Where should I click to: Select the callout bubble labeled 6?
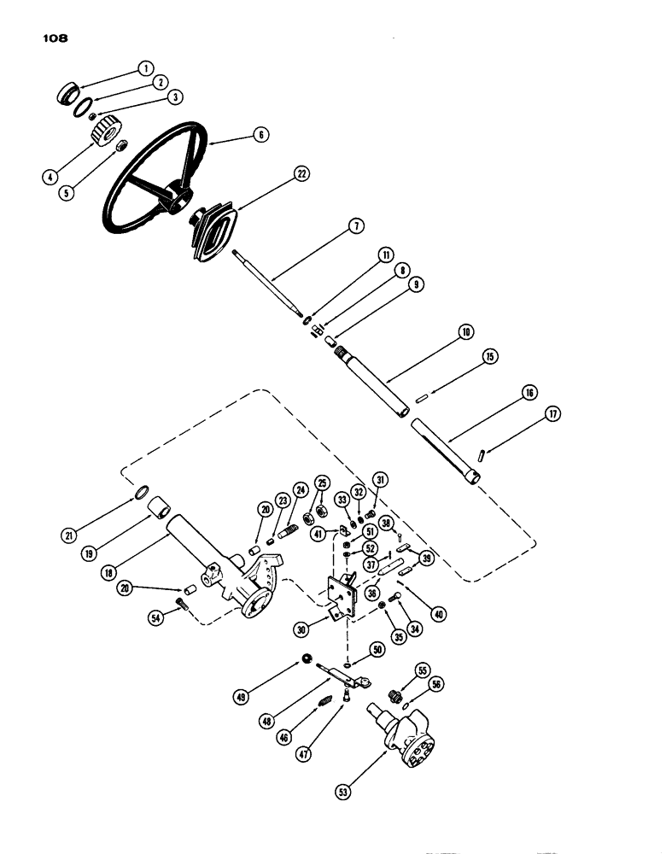point(260,134)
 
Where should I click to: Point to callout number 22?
point(301,174)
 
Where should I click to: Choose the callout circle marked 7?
point(357,225)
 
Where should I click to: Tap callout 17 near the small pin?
point(555,415)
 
